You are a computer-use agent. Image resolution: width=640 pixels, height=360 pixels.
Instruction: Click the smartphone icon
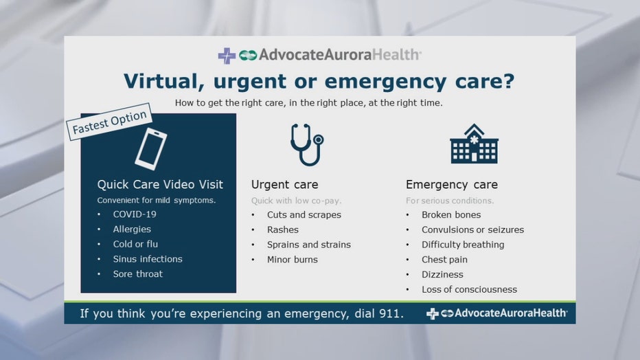click(x=150, y=149)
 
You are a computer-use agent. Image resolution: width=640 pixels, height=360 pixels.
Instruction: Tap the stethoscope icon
click(x=307, y=144)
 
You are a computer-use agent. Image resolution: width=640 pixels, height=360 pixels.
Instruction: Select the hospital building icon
click(x=474, y=144)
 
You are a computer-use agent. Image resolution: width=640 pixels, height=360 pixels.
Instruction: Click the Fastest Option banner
click(x=109, y=122)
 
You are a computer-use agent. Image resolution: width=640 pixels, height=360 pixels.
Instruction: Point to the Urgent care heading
click(x=284, y=185)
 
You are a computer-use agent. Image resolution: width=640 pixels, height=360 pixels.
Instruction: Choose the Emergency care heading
click(x=451, y=185)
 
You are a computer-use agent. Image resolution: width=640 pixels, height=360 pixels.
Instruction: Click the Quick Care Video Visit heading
click(x=160, y=185)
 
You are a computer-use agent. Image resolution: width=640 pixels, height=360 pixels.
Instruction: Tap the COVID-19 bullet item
click(x=135, y=214)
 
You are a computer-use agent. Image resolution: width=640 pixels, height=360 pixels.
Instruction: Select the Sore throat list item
click(x=137, y=274)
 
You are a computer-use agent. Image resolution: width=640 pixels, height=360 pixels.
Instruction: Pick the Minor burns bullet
click(x=293, y=260)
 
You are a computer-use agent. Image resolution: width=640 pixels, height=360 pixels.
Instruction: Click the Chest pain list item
click(x=444, y=260)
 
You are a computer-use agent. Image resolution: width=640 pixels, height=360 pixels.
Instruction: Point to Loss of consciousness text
click(x=470, y=289)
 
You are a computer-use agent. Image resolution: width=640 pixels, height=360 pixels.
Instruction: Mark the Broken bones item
click(x=451, y=214)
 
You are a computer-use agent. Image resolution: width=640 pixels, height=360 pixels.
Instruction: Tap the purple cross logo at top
click(x=227, y=56)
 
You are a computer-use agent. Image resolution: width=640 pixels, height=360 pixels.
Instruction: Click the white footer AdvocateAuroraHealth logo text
click(x=511, y=313)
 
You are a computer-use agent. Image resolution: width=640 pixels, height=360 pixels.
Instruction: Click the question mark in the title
click(x=509, y=81)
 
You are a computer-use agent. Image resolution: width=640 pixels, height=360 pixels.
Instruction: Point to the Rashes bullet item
click(x=282, y=229)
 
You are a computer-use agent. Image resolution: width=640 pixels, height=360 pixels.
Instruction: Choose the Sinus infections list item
click(x=148, y=259)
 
